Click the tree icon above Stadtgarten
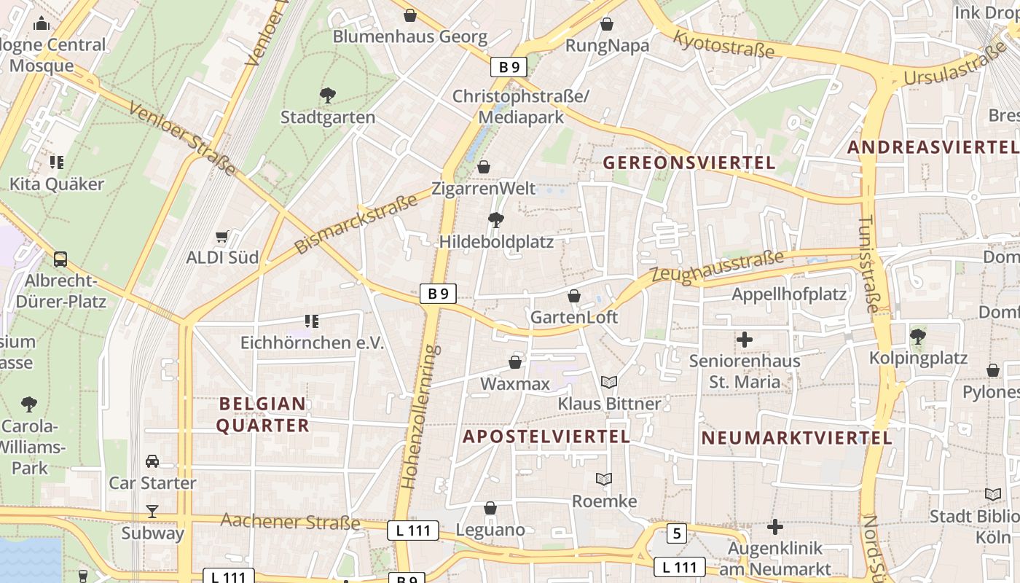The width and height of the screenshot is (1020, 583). (x=328, y=95)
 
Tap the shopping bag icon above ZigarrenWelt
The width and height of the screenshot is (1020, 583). (x=484, y=167)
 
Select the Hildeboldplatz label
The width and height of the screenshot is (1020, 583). (x=496, y=242)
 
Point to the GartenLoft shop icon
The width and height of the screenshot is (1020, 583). (x=574, y=296)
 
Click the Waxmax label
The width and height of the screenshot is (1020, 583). (x=515, y=383)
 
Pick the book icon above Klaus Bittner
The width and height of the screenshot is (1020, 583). (x=609, y=382)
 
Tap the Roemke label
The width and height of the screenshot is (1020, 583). (x=604, y=501)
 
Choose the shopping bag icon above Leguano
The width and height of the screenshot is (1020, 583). (x=490, y=508)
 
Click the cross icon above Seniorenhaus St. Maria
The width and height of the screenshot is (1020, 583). (x=745, y=340)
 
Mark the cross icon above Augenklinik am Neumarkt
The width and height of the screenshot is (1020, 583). (x=775, y=526)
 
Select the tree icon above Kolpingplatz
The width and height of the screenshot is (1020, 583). (x=918, y=337)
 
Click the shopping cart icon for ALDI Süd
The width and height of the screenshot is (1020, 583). (x=222, y=236)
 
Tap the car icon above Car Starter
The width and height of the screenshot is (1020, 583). (x=152, y=461)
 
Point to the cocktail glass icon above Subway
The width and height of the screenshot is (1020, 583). (x=152, y=511)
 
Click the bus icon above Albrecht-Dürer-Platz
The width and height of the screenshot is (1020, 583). (x=60, y=259)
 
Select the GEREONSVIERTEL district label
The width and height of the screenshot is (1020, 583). (x=688, y=163)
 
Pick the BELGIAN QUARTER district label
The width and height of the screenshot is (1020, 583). (x=263, y=415)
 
